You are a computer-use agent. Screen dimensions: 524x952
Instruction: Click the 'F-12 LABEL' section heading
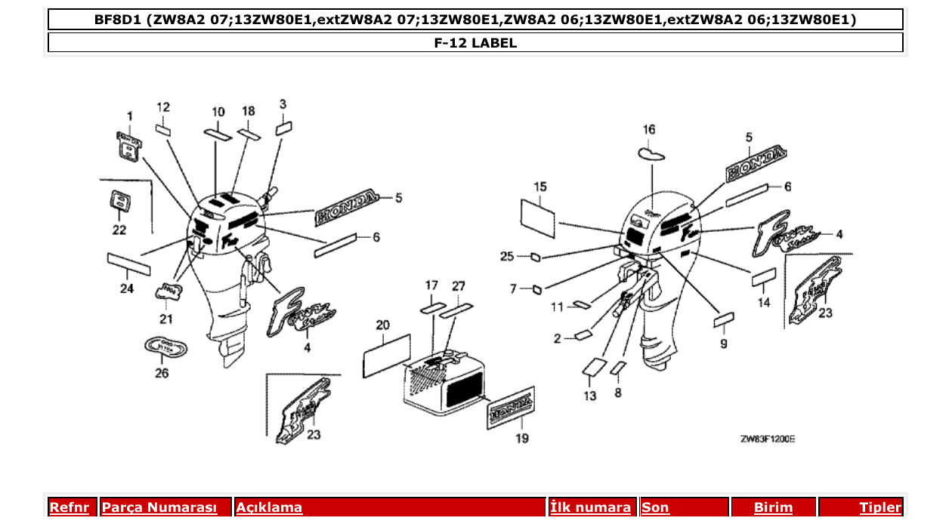click(x=475, y=43)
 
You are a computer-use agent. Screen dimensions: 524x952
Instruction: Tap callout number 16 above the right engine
click(x=649, y=129)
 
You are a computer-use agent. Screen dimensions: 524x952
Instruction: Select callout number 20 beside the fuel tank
click(x=383, y=325)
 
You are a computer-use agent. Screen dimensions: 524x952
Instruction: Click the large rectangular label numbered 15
click(x=538, y=213)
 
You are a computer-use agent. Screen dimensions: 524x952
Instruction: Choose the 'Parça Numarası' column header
click(x=159, y=507)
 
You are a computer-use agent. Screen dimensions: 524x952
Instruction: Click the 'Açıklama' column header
click(x=269, y=507)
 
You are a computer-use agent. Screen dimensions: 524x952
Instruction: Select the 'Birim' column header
click(x=774, y=507)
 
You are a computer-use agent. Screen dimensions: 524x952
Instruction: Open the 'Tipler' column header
click(x=880, y=507)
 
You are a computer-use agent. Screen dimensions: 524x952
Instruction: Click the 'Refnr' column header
click(x=69, y=507)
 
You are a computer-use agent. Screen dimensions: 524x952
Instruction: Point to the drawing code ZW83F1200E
click(x=767, y=439)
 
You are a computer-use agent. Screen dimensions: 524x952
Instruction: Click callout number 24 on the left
click(x=126, y=288)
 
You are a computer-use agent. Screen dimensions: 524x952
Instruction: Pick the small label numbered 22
click(x=119, y=202)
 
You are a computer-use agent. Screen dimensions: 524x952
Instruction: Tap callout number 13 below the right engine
click(x=589, y=395)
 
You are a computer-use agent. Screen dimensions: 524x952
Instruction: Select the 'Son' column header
click(x=655, y=507)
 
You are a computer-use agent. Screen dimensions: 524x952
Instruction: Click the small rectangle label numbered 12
click(x=163, y=130)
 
